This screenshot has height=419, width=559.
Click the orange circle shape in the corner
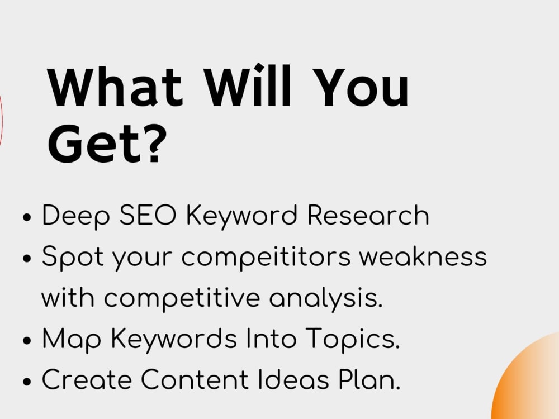pyautogui.click(x=531, y=385)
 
